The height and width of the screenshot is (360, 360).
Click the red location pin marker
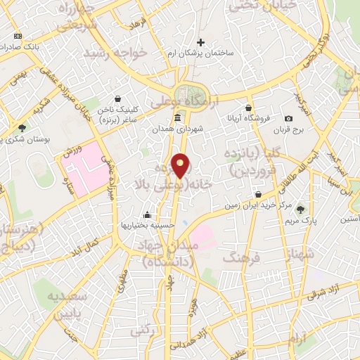[181, 166]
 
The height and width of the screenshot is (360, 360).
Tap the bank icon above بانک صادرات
[18, 36]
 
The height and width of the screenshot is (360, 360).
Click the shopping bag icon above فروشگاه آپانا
[249, 108]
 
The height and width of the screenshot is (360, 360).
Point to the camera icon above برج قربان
[288, 119]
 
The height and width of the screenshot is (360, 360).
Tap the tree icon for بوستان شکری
[23, 129]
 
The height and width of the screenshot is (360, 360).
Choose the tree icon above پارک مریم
[301, 209]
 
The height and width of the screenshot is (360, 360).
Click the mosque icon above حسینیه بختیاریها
[147, 214]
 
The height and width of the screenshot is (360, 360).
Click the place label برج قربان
[288, 131]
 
